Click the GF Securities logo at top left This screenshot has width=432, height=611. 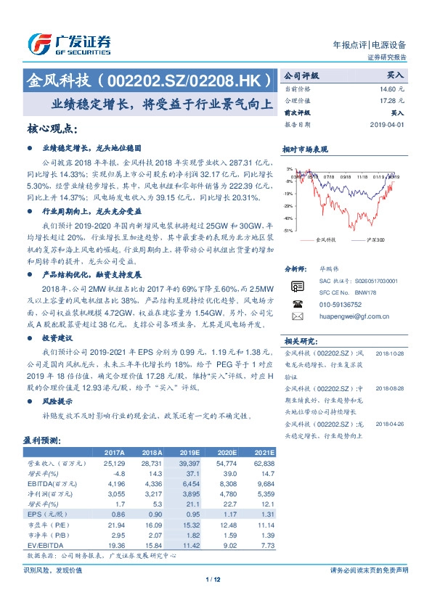(x=69, y=45)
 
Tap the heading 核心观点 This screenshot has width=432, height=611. (x=52, y=128)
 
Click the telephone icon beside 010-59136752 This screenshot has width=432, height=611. (x=297, y=305)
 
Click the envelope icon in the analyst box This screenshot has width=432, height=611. (x=297, y=316)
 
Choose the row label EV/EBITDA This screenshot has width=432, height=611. (x=46, y=544)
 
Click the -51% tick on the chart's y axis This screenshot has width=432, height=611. (x=288, y=231)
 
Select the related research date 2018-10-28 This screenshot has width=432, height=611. (x=389, y=353)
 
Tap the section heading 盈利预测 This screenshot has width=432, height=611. (x=44, y=440)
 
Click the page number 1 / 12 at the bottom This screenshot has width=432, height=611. (x=216, y=579)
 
